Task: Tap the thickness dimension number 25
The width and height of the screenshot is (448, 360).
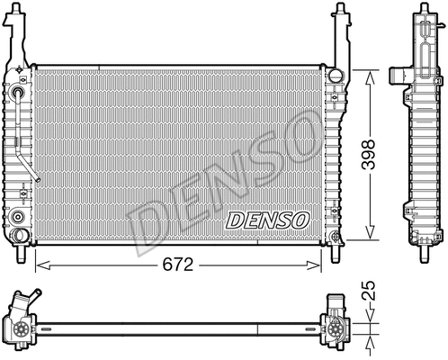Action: tap(369, 293)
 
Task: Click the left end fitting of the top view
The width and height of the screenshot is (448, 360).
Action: tap(20, 321)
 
